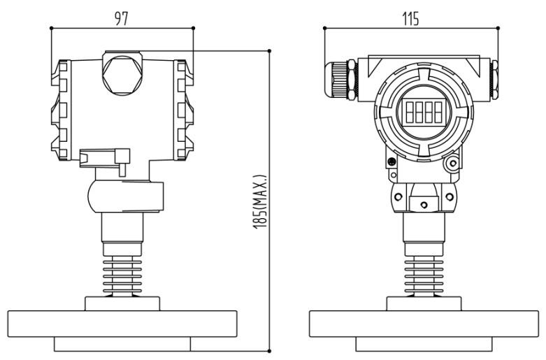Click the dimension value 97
pyautogui.click(x=122, y=17)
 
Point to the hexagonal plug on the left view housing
pyautogui.click(x=122, y=72)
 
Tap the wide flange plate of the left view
pyautogui.click(x=122, y=324)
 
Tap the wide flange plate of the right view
pyautogui.click(x=424, y=324)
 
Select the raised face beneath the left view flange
pyautogui.click(x=122, y=345)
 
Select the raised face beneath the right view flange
pyautogui.click(x=424, y=345)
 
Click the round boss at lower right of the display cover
pyautogui.click(x=452, y=164)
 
